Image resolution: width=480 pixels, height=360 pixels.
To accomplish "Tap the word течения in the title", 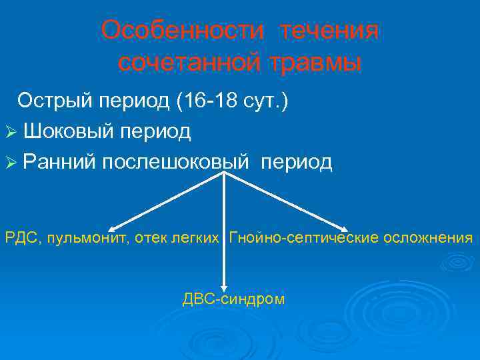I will coord(329,31).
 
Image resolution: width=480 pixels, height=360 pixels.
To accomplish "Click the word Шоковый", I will coord(71,131).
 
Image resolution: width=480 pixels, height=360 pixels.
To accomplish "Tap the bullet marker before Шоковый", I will coord(11,132).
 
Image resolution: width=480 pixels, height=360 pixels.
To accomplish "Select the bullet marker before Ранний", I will coord(11,163).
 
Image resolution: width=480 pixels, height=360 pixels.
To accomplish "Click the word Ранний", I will coord(59,162).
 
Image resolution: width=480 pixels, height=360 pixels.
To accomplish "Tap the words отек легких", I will coord(177,237).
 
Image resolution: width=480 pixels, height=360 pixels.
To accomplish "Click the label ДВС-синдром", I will coord(233,299).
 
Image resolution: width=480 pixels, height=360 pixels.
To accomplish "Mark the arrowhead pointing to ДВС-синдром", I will coord(223,283).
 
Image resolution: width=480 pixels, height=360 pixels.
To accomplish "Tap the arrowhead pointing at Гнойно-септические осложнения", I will coord(347,227).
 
